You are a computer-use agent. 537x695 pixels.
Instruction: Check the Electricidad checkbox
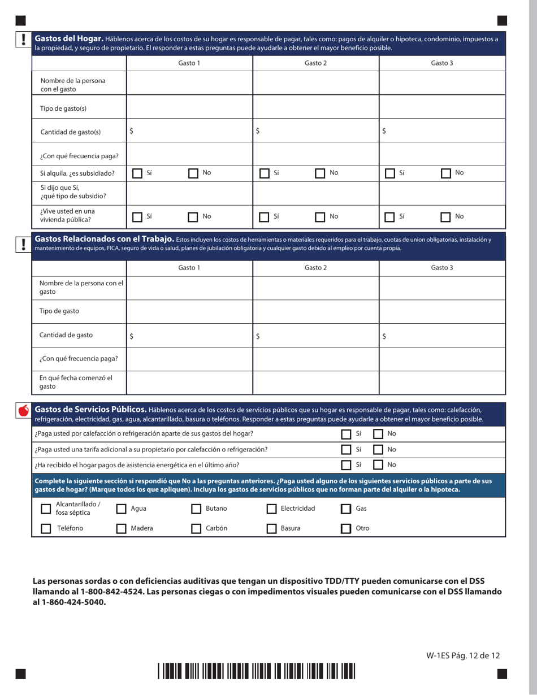(x=271, y=509)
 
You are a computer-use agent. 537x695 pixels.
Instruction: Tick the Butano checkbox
(x=196, y=509)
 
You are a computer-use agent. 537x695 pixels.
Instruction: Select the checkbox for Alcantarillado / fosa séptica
(x=46, y=509)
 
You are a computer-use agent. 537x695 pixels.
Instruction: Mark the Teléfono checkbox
(x=46, y=529)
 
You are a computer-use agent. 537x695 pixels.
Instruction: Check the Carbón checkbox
(x=196, y=529)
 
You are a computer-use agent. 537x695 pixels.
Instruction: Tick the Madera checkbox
(x=121, y=529)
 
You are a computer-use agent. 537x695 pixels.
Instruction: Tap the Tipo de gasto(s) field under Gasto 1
(x=189, y=107)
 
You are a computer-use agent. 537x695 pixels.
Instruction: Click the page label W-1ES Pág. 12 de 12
(x=463, y=655)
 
